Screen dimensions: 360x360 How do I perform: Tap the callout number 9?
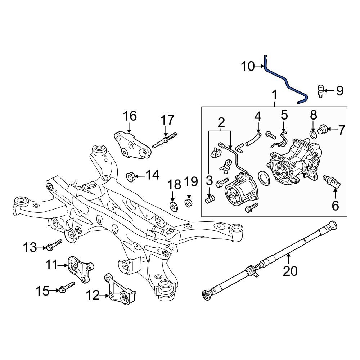click(340, 91)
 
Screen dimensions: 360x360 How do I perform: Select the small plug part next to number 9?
click(321, 91)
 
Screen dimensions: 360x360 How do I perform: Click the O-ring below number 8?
click(314, 135)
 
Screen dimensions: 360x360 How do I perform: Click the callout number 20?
click(290, 271)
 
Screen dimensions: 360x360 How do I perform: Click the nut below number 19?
click(189, 203)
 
